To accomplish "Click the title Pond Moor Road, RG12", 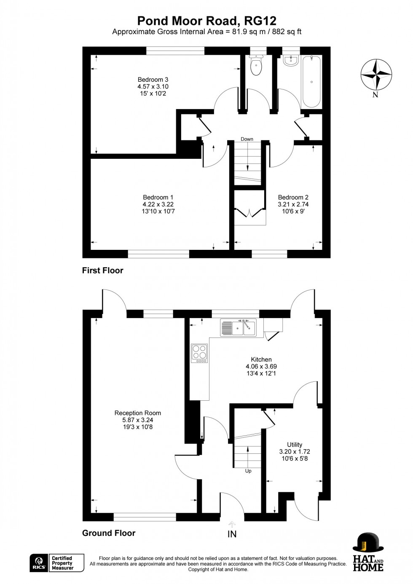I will pyautogui.click(x=206, y=21).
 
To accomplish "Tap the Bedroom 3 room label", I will pyautogui.click(x=153, y=80).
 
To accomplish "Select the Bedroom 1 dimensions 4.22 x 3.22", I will pyautogui.click(x=158, y=204).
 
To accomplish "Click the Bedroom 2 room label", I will pyautogui.click(x=293, y=197).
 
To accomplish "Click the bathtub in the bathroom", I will pyautogui.click(x=311, y=81).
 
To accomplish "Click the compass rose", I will pyautogui.click(x=376, y=75).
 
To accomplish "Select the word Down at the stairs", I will pyautogui.click(x=247, y=139).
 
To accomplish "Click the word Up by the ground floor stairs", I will pyautogui.click(x=248, y=471).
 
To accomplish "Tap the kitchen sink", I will pyautogui.click(x=239, y=328).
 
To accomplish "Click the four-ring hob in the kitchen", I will pyautogui.click(x=199, y=353).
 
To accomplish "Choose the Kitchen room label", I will pyautogui.click(x=261, y=359).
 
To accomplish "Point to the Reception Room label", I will pyautogui.click(x=138, y=413).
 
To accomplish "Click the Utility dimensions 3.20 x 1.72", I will pyautogui.click(x=295, y=451).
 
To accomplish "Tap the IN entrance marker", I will pyautogui.click(x=232, y=534).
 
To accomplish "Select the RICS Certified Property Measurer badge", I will pyautogui.click(x=57, y=563).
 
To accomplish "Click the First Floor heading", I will pyautogui.click(x=102, y=271).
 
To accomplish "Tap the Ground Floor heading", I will pyautogui.click(x=109, y=533).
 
